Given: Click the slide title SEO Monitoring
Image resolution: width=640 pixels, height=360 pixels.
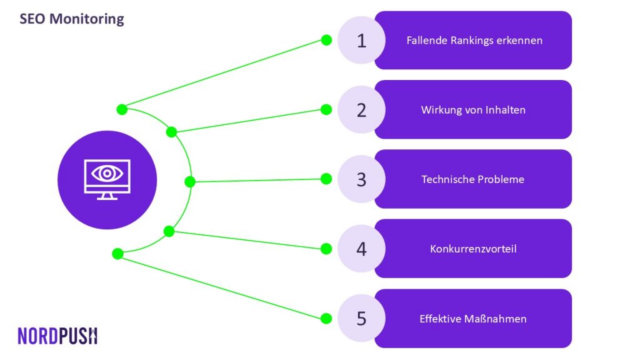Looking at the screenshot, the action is click(x=72, y=19).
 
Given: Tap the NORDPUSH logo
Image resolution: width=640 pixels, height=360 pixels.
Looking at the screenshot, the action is click(x=57, y=336).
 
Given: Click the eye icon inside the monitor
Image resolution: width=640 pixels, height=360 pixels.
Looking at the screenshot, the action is click(x=107, y=174).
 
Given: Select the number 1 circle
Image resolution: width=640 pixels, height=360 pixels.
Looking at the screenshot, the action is click(x=361, y=40).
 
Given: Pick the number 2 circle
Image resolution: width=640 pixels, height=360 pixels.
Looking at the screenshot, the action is click(x=361, y=109).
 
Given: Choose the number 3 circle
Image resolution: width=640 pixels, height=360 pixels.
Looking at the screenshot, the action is click(x=361, y=179).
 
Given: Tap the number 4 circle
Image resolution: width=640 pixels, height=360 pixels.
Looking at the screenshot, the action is click(x=361, y=249).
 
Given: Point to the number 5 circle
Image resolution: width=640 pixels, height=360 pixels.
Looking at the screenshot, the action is click(x=361, y=318).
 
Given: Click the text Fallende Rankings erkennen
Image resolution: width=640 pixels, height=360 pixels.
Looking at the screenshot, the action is click(x=474, y=41).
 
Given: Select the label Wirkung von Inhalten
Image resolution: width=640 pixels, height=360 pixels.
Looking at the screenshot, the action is click(x=473, y=110).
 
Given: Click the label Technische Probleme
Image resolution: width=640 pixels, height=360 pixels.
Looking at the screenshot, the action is click(x=472, y=179).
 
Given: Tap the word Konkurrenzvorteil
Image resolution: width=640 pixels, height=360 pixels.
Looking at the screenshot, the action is click(x=473, y=249).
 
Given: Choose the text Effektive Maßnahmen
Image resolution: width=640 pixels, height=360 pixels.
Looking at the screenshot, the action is click(x=473, y=319).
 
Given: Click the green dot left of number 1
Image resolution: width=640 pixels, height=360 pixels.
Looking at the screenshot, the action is click(x=326, y=40).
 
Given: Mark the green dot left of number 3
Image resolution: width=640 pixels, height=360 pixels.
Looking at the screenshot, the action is click(x=326, y=179).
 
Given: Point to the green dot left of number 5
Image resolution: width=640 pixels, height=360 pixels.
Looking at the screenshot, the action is click(x=326, y=318).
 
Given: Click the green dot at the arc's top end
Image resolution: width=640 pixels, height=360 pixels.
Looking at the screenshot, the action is click(x=122, y=109).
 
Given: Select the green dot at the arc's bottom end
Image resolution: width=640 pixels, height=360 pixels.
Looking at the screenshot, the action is click(x=117, y=254).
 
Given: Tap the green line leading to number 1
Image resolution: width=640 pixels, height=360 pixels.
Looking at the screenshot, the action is click(x=224, y=75).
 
